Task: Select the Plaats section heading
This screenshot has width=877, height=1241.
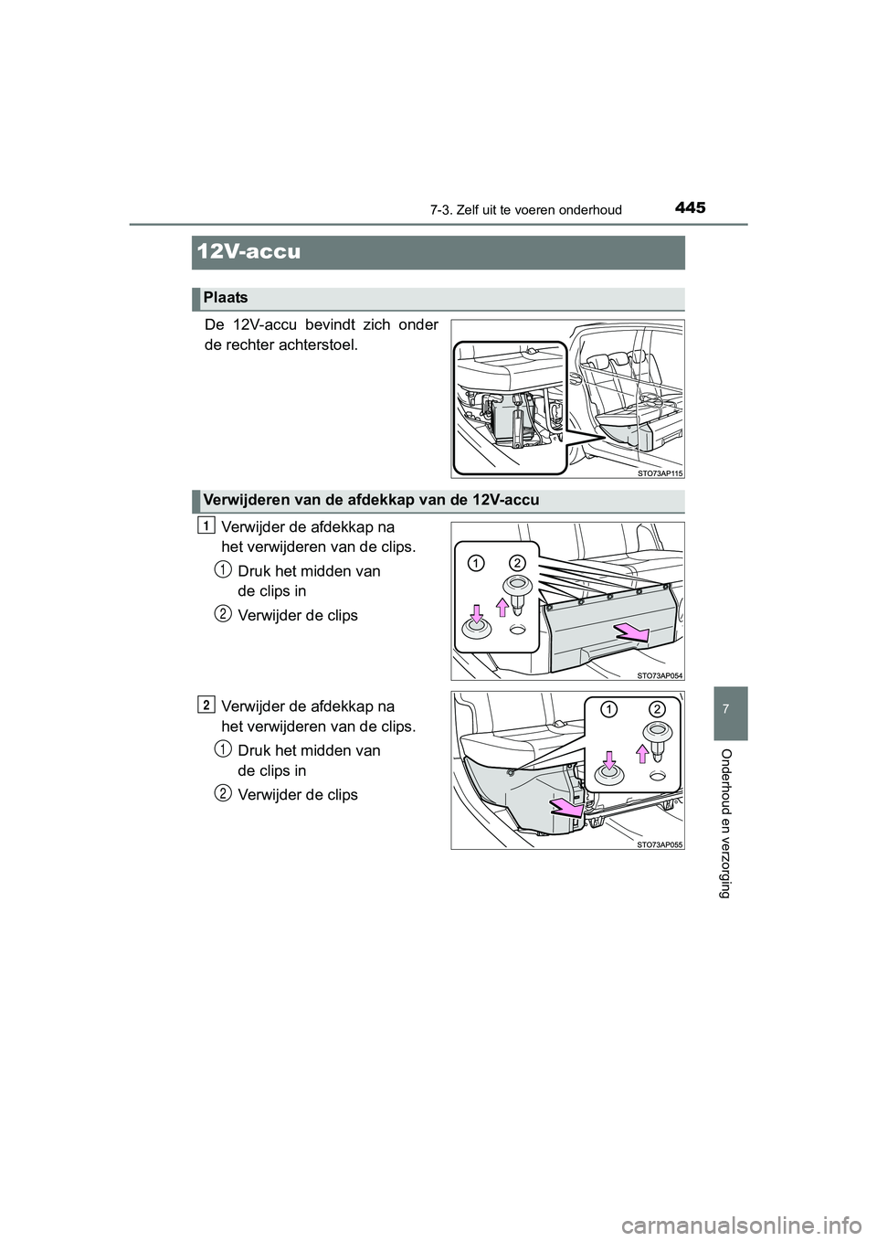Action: (226, 298)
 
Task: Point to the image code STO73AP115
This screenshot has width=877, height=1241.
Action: (658, 472)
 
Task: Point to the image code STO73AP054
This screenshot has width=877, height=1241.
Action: (658, 675)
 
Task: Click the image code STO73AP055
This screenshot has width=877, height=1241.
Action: (658, 844)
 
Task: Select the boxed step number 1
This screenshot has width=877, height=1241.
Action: (207, 525)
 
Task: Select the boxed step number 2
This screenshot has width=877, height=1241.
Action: (207, 704)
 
